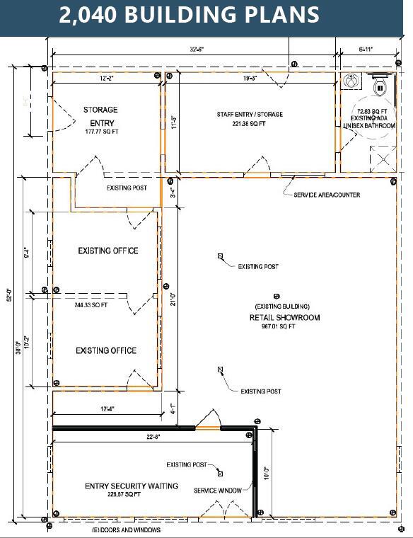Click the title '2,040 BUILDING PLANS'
click(x=189, y=16)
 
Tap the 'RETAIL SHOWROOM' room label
click(x=284, y=318)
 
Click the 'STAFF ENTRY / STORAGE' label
click(x=250, y=114)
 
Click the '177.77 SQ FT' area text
click(x=101, y=132)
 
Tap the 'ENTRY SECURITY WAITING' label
click(x=132, y=486)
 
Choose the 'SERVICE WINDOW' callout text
click(x=217, y=490)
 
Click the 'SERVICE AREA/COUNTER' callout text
click(x=327, y=195)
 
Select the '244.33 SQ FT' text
click(x=91, y=305)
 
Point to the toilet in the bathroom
click(x=380, y=88)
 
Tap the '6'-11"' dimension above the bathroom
click(x=368, y=50)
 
